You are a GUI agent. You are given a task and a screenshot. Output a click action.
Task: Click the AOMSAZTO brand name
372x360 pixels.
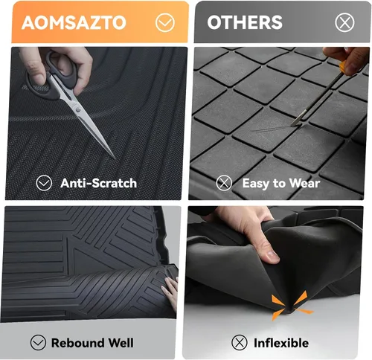pos(74,23)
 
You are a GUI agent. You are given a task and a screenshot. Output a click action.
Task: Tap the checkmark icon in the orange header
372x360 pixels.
pos(165,23)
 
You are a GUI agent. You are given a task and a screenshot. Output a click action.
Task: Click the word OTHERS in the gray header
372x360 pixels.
pos(245,22)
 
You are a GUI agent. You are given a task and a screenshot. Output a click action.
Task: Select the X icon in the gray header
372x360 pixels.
pos(344,23)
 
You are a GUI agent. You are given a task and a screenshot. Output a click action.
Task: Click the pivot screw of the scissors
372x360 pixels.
pos(78,109)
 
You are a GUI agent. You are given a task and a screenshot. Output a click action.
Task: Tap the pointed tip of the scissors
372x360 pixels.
pos(114,158)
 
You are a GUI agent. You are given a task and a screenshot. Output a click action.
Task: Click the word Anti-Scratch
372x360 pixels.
pos(98,183)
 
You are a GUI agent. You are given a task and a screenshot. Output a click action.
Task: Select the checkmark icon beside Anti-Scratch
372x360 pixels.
pos(44,183)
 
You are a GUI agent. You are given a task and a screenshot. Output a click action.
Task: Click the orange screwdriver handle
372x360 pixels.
pos(342,67)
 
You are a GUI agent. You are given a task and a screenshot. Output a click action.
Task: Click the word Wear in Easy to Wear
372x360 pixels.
pos(304,183)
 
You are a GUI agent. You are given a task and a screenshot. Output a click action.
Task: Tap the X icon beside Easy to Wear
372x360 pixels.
pos(224,183)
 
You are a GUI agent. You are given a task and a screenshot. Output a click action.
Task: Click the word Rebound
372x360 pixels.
pos(77,343)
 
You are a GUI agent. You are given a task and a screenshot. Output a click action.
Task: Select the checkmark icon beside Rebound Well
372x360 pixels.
pos(38,342)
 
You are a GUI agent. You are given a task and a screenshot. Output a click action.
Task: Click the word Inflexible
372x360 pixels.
pos(281,343)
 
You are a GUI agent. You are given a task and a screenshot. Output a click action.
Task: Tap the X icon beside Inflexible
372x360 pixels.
pos(240,342)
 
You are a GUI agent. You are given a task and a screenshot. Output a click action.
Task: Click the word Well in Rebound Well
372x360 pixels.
pos(121,343)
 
